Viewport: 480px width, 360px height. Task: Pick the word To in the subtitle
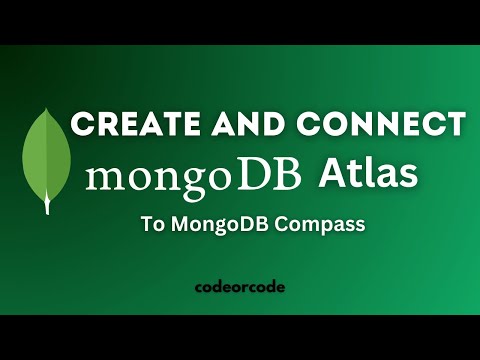154,226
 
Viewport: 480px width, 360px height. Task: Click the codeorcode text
239,286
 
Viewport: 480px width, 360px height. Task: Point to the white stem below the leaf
46,204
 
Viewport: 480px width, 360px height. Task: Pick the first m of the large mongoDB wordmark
106,180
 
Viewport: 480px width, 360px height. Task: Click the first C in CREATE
82,124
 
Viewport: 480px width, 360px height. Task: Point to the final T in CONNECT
456,124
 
